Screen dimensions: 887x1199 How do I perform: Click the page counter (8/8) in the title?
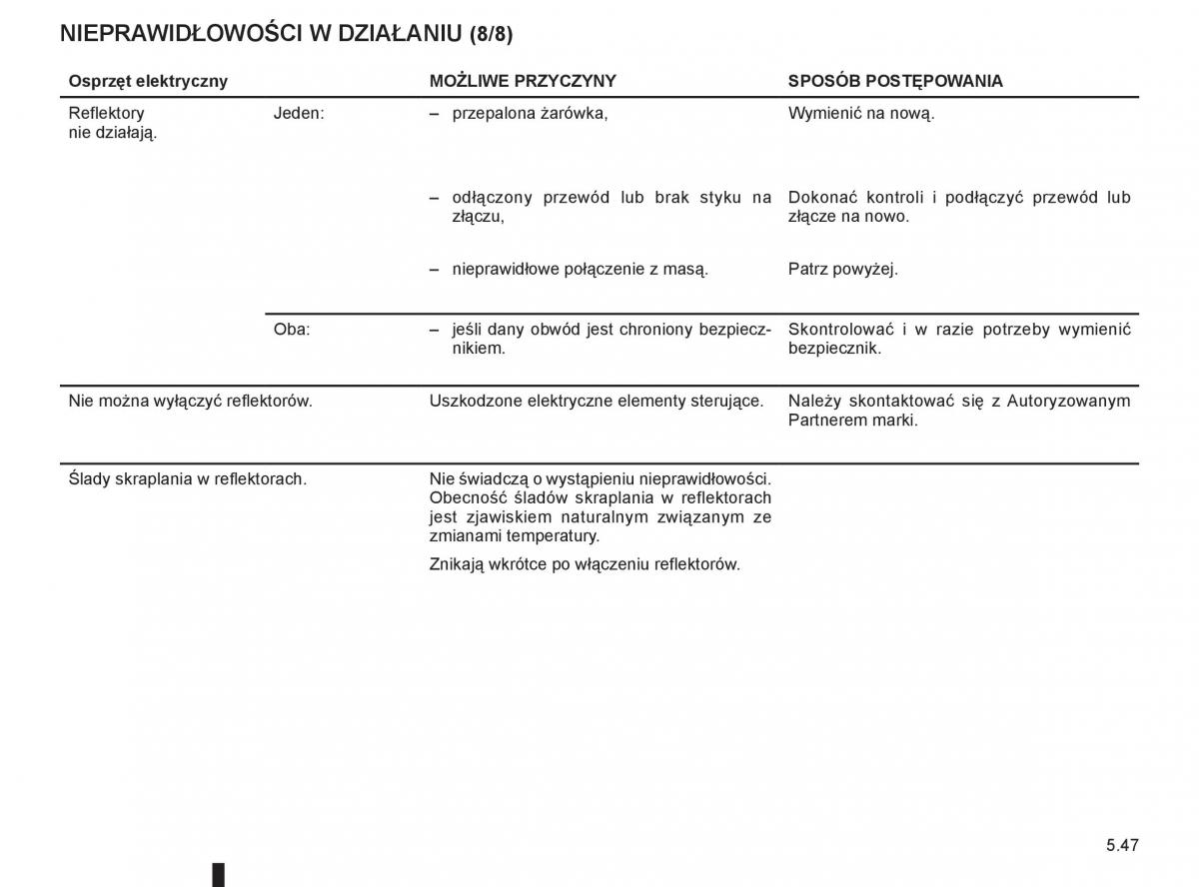click(491, 33)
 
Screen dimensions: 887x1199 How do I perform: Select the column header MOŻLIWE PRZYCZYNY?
click(523, 81)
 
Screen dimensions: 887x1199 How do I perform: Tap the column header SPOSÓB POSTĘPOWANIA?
click(895, 81)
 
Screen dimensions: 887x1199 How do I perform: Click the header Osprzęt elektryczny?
click(148, 81)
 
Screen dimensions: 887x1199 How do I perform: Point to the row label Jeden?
click(299, 113)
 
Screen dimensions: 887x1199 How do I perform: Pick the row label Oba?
click(292, 329)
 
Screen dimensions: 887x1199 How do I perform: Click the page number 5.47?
click(1121, 845)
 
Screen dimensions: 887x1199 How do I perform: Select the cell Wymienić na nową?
click(861, 113)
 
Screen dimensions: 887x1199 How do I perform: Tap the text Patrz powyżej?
click(842, 269)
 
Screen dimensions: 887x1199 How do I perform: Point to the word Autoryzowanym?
click(1068, 401)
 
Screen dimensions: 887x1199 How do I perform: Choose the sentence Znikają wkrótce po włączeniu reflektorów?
click(585, 564)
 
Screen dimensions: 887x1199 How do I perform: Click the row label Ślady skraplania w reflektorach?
click(187, 478)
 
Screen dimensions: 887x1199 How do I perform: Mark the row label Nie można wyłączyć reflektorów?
click(190, 401)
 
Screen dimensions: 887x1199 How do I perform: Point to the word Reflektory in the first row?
click(106, 113)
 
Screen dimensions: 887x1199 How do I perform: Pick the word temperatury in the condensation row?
click(557, 536)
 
